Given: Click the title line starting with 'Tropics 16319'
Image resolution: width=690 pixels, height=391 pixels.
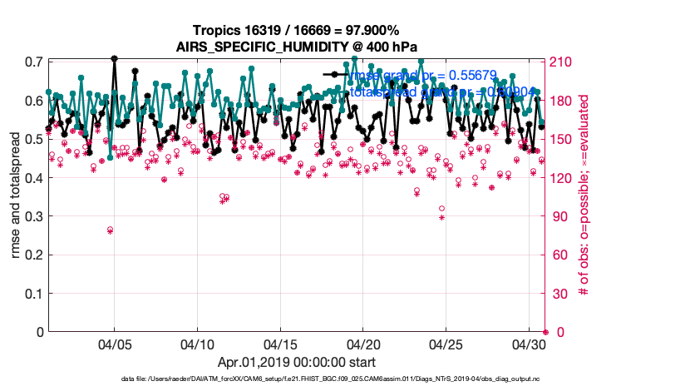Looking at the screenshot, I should click(296, 30).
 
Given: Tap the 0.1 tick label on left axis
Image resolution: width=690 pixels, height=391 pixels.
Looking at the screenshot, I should click(33, 294).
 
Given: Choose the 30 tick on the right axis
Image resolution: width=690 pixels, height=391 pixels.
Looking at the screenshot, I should click(556, 294).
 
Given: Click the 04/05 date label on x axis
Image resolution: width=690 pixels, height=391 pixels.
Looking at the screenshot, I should click(115, 344).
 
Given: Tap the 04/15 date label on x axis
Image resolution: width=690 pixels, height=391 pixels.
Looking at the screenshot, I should click(280, 344).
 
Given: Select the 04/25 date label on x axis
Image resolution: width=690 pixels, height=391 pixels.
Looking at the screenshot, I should click(446, 344).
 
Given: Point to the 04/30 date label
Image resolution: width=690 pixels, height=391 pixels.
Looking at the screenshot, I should click(528, 344).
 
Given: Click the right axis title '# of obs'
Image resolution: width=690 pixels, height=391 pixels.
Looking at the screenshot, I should click(585, 197).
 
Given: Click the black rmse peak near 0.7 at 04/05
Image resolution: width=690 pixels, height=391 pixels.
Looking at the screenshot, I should click(114, 59).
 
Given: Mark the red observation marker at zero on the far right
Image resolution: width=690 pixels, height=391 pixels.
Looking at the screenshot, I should click(545, 332).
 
